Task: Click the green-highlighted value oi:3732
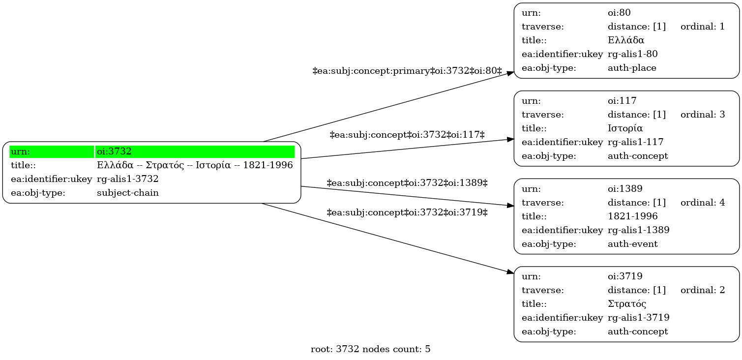click(114, 151)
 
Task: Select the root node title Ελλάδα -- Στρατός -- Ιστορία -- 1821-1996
click(195, 165)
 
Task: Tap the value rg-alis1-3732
click(127, 179)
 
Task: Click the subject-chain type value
click(127, 193)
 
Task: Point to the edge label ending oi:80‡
click(407, 71)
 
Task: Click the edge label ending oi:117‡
click(407, 135)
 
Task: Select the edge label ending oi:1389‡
click(407, 183)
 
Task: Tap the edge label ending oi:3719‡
click(407, 212)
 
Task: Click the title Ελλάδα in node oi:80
click(626, 40)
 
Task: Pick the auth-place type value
click(632, 68)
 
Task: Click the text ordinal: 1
click(703, 27)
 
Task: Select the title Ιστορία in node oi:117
click(625, 128)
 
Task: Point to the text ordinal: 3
click(703, 115)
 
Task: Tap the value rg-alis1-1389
click(638, 230)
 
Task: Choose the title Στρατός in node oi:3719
click(627, 304)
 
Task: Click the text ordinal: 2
click(703, 290)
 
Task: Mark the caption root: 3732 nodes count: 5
click(370, 349)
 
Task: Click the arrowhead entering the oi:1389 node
click(510, 206)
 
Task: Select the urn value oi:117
click(622, 101)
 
